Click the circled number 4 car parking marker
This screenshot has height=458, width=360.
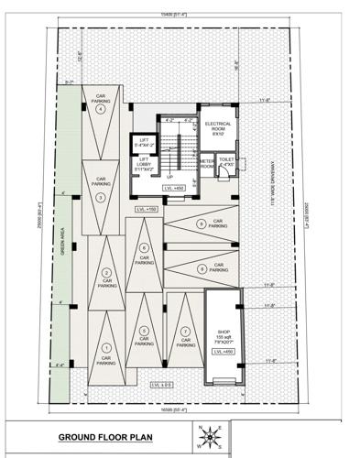tap(102, 108)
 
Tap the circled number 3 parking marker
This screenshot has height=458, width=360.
tap(102, 196)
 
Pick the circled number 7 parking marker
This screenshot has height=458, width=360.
tap(186, 330)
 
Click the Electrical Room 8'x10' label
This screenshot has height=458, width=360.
tap(218, 128)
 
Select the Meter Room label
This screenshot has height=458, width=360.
tap(208, 164)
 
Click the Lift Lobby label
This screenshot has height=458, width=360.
tap(143, 165)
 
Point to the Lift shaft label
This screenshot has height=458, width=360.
tap(143, 142)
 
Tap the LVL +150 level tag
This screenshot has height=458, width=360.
tap(147, 210)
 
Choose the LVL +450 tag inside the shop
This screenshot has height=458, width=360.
tap(221, 353)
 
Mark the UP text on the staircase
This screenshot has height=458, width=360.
tap(169, 177)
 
